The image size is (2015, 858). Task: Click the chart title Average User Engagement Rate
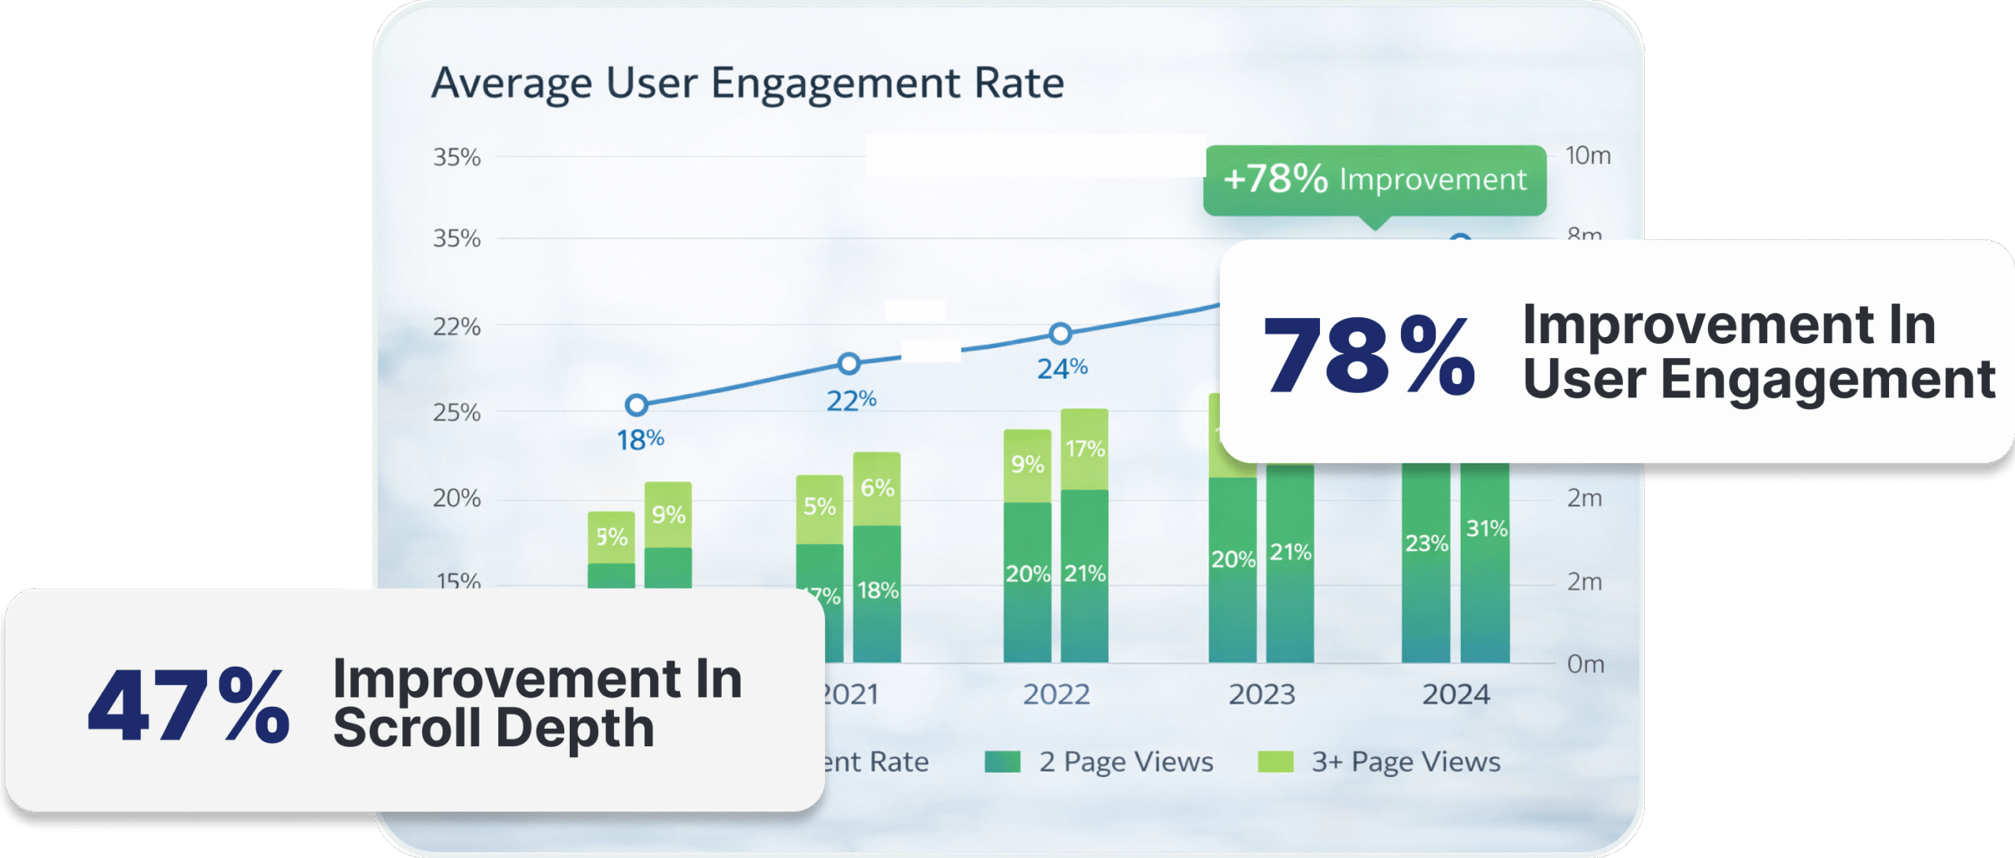tap(748, 83)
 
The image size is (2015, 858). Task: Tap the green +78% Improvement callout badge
tap(1374, 179)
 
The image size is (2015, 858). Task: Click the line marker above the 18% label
tap(636, 405)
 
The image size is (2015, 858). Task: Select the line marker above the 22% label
tap(848, 364)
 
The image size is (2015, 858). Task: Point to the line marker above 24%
tap(1060, 334)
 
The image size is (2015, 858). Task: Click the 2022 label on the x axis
tap(1056, 694)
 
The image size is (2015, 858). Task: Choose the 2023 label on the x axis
tap(1262, 694)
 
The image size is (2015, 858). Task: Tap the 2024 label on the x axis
tap(1455, 694)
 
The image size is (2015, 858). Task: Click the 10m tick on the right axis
tap(1588, 156)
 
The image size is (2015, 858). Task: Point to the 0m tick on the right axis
tap(1585, 664)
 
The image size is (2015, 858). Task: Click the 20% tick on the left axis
tap(457, 498)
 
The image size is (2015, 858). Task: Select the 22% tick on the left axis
tap(457, 327)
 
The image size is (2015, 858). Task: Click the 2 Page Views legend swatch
tap(1002, 762)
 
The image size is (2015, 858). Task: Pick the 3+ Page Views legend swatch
tap(1275, 762)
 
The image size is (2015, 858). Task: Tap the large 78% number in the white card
tap(1368, 355)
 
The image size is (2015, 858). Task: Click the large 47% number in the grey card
tap(189, 705)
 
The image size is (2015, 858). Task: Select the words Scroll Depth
tap(494, 727)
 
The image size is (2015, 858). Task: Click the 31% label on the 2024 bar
tap(1486, 528)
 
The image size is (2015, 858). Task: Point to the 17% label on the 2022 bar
tap(1085, 449)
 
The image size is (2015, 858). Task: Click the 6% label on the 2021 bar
tap(877, 488)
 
